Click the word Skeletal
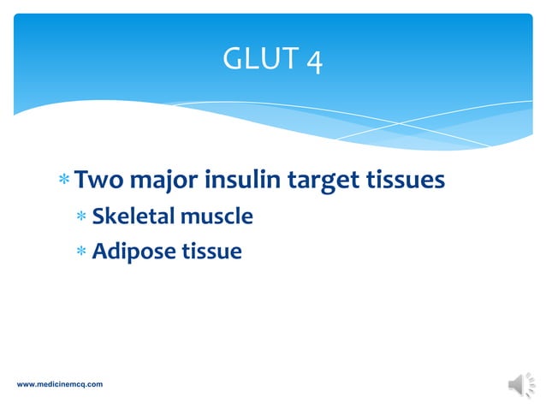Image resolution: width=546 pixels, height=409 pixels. pyautogui.click(x=131, y=216)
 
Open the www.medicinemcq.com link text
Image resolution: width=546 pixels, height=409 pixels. pyautogui.click(x=60, y=384)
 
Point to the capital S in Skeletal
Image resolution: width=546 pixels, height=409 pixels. pyautogui.click(x=98, y=216)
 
